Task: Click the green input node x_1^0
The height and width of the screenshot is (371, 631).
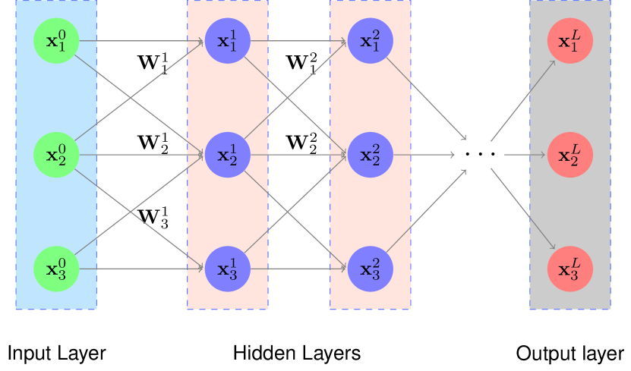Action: pyautogui.click(x=56, y=41)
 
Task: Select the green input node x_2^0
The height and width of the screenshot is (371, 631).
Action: pyautogui.click(x=56, y=155)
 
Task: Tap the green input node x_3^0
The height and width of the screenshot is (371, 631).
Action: pyautogui.click(x=56, y=269)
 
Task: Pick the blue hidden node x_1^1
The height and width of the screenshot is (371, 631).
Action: pyautogui.click(x=227, y=41)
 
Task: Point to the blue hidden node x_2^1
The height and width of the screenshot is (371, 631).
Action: pyautogui.click(x=227, y=155)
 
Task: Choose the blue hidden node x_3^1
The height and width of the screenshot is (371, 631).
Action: pyautogui.click(x=227, y=269)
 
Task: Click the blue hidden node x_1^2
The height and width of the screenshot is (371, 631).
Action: pyautogui.click(x=370, y=41)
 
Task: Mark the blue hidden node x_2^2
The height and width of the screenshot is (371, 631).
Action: pyautogui.click(x=370, y=155)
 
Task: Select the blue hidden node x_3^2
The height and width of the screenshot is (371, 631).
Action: pyautogui.click(x=370, y=269)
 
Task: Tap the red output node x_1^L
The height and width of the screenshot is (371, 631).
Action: pyautogui.click(x=569, y=41)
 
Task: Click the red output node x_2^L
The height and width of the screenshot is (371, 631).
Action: pyautogui.click(x=569, y=155)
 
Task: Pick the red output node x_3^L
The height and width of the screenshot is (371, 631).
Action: pyautogui.click(x=569, y=269)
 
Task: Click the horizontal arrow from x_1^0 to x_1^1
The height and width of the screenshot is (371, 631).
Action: pyautogui.click(x=141, y=41)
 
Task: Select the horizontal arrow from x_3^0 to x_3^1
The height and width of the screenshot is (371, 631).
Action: pyautogui.click(x=141, y=269)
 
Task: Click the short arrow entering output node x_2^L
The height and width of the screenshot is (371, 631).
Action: pyautogui.click(x=525, y=155)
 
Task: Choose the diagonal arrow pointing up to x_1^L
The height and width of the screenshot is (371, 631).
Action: pyautogui.click(x=523, y=100)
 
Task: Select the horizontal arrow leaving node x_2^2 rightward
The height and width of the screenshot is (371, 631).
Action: pyautogui.click(x=424, y=155)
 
